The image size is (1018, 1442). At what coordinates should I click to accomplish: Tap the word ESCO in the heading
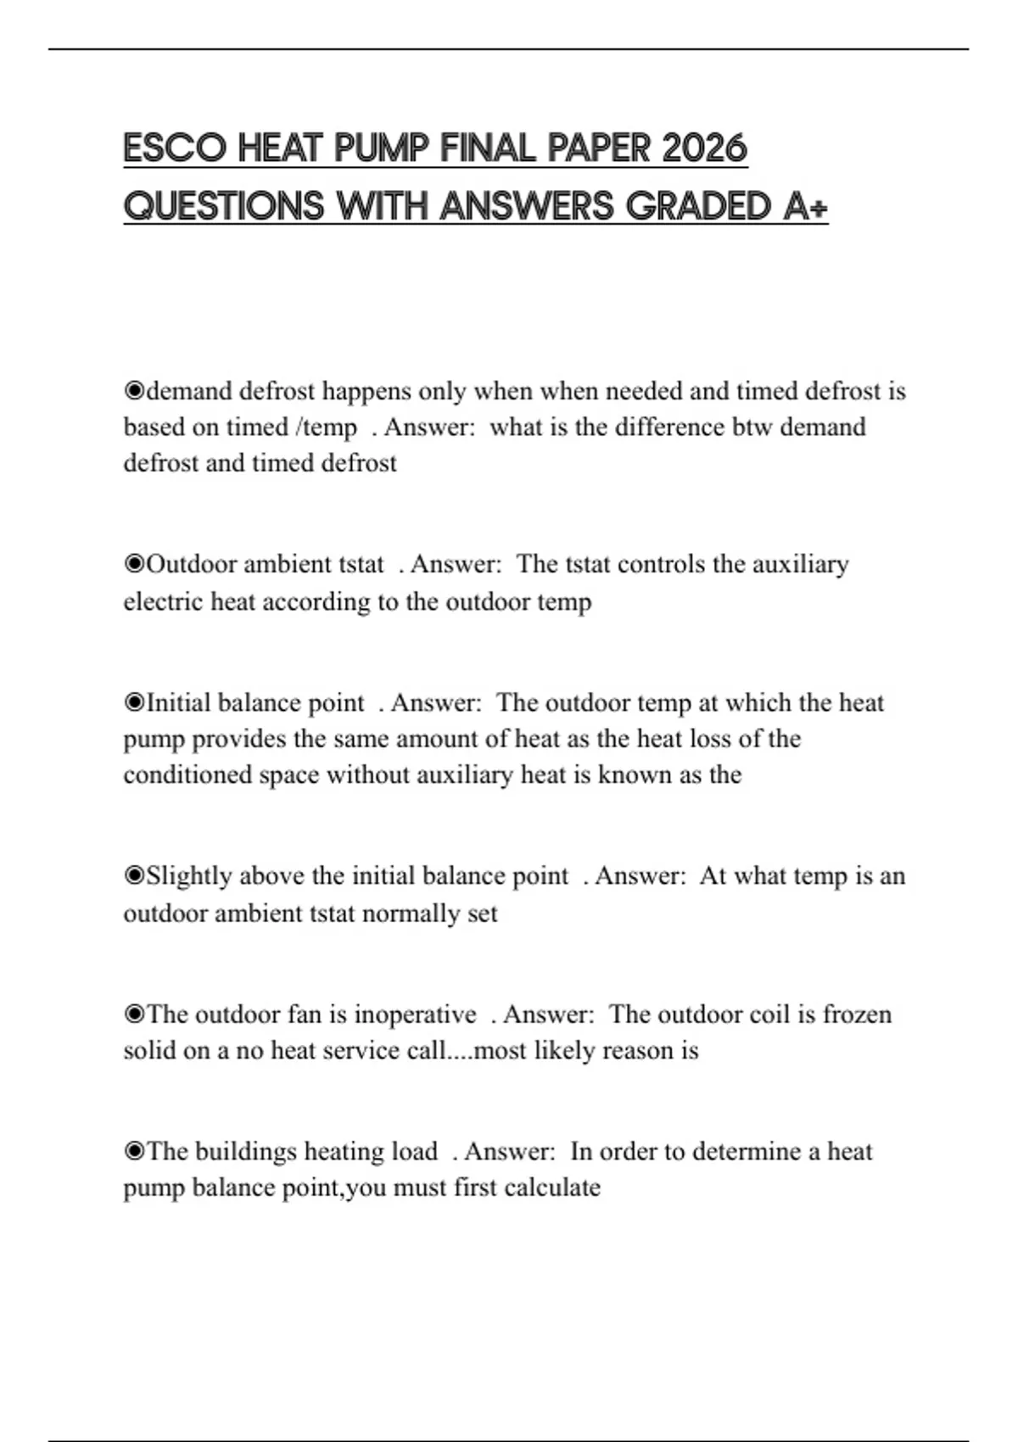click(x=175, y=148)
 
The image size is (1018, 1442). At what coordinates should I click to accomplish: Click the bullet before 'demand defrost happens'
click(x=134, y=392)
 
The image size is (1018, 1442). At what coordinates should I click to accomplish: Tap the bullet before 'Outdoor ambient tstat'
click(x=134, y=565)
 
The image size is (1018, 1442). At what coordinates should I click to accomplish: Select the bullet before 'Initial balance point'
click(x=134, y=703)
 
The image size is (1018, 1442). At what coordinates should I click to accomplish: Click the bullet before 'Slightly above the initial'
click(x=134, y=876)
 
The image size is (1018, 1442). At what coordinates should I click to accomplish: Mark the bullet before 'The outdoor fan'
click(x=134, y=1015)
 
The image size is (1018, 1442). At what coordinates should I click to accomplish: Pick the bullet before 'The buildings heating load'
click(x=134, y=1152)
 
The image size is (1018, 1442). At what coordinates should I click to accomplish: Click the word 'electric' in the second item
click(x=164, y=601)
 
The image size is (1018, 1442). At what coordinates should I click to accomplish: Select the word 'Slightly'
click(x=191, y=876)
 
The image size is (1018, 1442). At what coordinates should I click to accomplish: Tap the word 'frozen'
click(x=857, y=1014)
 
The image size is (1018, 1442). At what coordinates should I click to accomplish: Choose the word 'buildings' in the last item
click(x=245, y=1152)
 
